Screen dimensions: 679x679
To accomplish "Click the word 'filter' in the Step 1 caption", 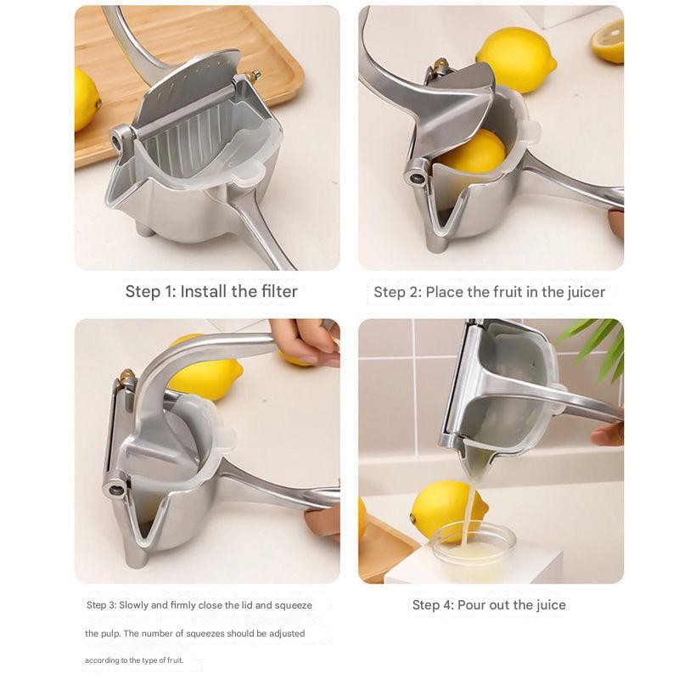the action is (279, 291).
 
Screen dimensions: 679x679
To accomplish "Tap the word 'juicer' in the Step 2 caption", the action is (586, 292).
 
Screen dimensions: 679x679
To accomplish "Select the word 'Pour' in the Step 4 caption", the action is (472, 604).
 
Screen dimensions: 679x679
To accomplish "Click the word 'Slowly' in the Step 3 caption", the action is (133, 605).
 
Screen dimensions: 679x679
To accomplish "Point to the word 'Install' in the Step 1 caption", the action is (204, 291).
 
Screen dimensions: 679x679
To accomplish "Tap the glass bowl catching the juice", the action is (474, 550).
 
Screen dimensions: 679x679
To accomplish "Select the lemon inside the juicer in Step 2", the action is (474, 153).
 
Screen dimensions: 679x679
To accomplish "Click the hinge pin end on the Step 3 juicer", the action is (115, 490).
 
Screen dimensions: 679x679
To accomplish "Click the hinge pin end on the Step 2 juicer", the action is (417, 177).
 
